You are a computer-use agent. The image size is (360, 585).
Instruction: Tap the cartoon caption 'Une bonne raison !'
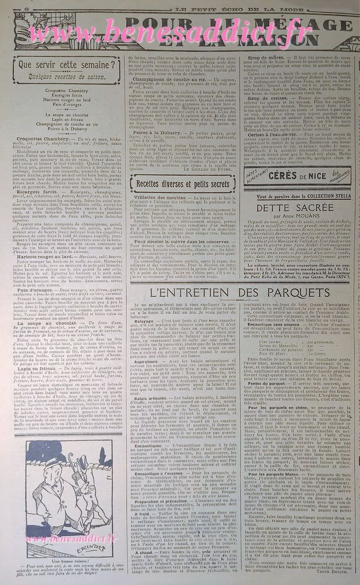64,562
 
